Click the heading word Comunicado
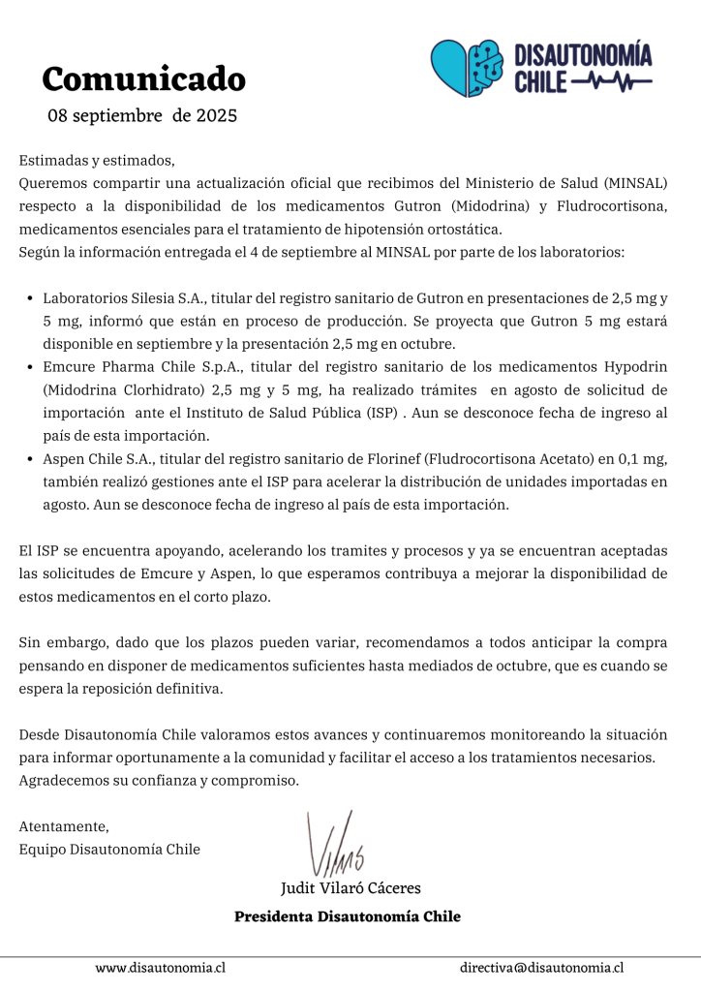[x=143, y=77]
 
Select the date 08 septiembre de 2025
[x=142, y=116]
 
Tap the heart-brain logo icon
[x=465, y=68]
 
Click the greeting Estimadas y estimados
[x=97, y=161]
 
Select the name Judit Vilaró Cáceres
[x=350, y=887]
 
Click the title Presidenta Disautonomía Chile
[x=348, y=916]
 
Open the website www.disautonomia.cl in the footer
[x=161, y=968]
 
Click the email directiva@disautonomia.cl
[x=541, y=968]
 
